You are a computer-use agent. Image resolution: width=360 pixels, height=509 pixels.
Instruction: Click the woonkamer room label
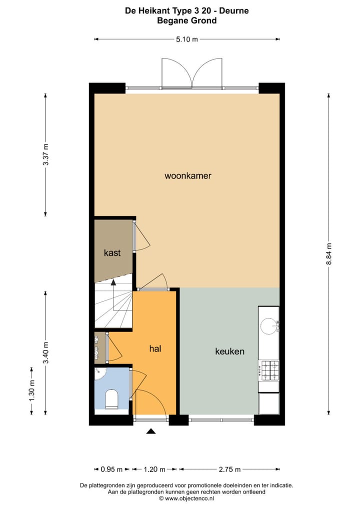coord(187,176)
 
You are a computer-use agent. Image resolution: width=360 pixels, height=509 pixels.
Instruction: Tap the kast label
coord(112,253)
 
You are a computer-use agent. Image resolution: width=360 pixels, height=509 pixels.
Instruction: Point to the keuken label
coord(229,351)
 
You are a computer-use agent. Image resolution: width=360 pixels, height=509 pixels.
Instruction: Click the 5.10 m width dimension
coord(187,39)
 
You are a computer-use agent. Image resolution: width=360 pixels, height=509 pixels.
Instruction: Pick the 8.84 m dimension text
coord(329,255)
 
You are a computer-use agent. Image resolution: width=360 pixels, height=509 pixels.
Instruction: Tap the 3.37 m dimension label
coord(45,154)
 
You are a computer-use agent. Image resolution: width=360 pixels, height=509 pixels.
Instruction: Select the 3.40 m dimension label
coord(45,352)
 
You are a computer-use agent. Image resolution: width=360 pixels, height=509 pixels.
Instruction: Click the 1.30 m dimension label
coord(31,392)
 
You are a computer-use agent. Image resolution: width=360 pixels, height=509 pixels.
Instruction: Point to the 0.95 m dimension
coord(111,469)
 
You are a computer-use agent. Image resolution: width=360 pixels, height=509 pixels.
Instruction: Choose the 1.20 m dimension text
coord(154,469)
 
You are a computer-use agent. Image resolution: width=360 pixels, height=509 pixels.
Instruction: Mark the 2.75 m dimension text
coord(229,469)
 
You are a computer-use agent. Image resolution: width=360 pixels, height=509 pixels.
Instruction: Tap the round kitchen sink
coord(269,326)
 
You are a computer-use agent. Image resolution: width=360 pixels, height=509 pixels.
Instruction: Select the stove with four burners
coord(268,370)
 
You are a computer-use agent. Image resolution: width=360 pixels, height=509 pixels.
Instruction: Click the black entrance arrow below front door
coord(151,430)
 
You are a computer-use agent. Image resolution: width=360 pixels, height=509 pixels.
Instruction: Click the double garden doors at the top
coord(191,74)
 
